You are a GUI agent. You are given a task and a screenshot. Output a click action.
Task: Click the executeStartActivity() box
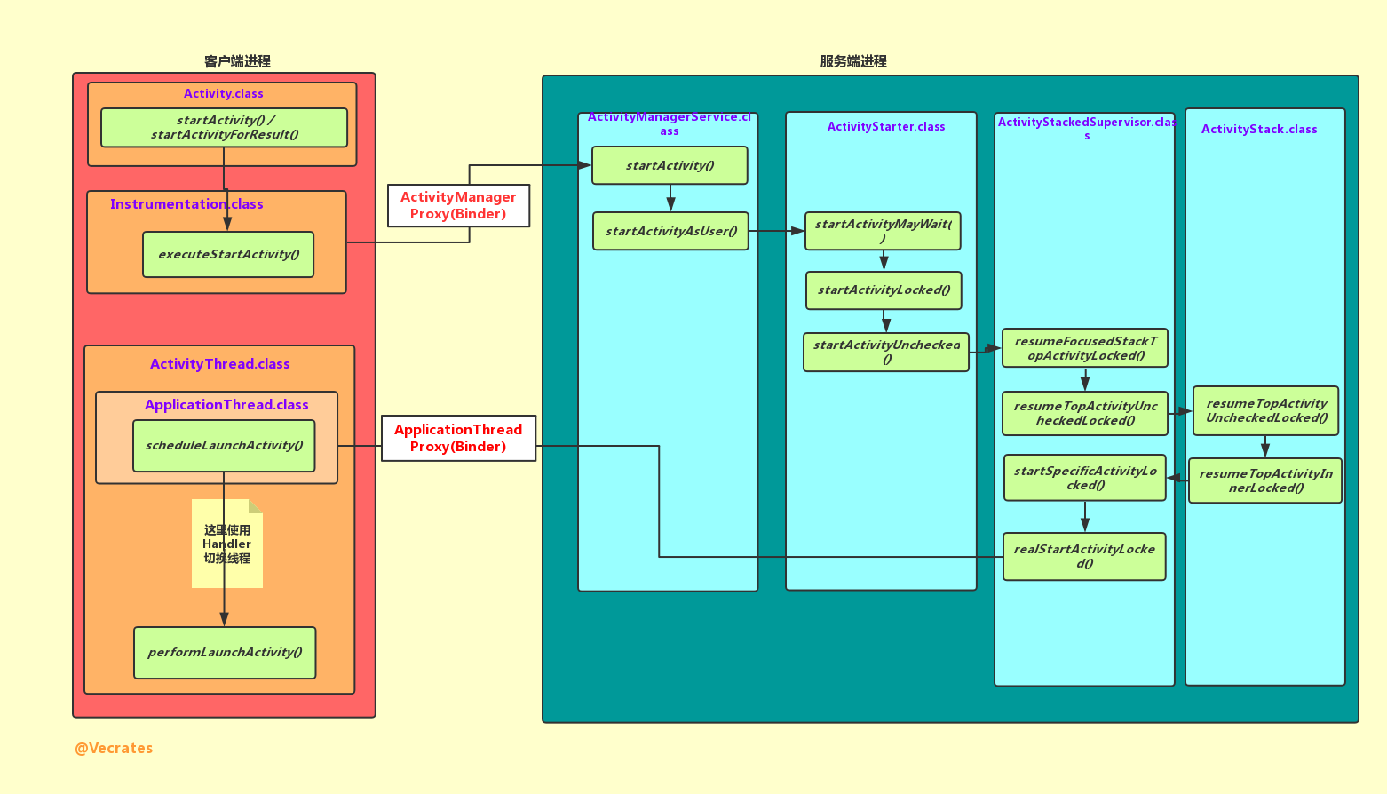pyautogui.click(x=228, y=254)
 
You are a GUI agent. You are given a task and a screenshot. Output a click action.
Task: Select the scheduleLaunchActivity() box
pyautogui.click(x=224, y=445)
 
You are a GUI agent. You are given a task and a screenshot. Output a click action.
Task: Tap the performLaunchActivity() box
pyautogui.click(x=225, y=652)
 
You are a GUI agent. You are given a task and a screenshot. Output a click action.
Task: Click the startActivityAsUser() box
pyautogui.click(x=670, y=231)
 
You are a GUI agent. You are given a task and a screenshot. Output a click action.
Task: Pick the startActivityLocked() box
pyautogui.click(x=884, y=290)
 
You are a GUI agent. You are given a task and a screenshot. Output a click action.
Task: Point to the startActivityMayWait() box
pyautogui.click(x=883, y=231)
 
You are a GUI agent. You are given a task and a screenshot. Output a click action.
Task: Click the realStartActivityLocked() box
pyautogui.click(x=1084, y=556)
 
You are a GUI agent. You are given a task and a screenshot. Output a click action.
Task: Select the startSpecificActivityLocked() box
pyautogui.click(x=1084, y=478)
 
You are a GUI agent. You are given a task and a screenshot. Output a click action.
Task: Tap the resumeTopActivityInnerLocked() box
pyautogui.click(x=1265, y=480)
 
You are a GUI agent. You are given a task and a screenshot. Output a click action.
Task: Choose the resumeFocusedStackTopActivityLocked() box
pyautogui.click(x=1084, y=348)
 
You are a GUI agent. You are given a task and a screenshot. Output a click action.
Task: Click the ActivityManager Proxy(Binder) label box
pyautogui.click(x=458, y=205)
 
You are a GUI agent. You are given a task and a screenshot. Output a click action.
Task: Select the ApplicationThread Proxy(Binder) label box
pyautogui.click(x=458, y=438)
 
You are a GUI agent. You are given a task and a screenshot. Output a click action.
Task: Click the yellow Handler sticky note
pyautogui.click(x=227, y=544)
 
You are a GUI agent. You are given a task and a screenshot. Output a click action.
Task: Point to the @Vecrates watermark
pyautogui.click(x=114, y=748)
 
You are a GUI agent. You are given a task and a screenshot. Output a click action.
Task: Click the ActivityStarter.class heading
pyautogui.click(x=886, y=126)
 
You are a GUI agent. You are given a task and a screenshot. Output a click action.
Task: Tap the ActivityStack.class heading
pyautogui.click(x=1259, y=129)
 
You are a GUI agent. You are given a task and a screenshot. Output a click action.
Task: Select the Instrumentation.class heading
pyautogui.click(x=186, y=203)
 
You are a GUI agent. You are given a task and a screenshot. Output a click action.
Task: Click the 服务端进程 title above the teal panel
pyautogui.click(x=853, y=61)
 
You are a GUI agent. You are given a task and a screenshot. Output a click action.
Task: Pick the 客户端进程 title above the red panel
pyautogui.click(x=237, y=61)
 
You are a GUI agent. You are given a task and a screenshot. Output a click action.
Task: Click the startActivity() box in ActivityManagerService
pyautogui.click(x=670, y=165)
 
